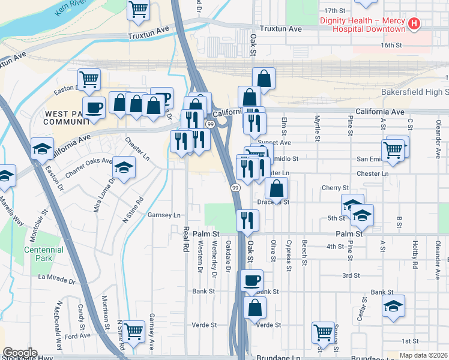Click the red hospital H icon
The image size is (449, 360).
pos(413,24)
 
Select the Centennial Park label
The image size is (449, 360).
pos(43,254)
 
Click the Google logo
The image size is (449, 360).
pos(19,353)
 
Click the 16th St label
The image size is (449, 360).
pos(391,45)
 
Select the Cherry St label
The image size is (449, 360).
pos(335,188)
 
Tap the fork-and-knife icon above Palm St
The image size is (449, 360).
pos(247,220)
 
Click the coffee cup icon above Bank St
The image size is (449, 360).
pos(252,280)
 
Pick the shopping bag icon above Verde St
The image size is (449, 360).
pos(255,308)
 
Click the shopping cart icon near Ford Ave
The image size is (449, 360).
pos(133,329)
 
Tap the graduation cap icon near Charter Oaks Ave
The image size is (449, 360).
pos(124,167)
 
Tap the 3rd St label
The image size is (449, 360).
pos(351,275)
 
